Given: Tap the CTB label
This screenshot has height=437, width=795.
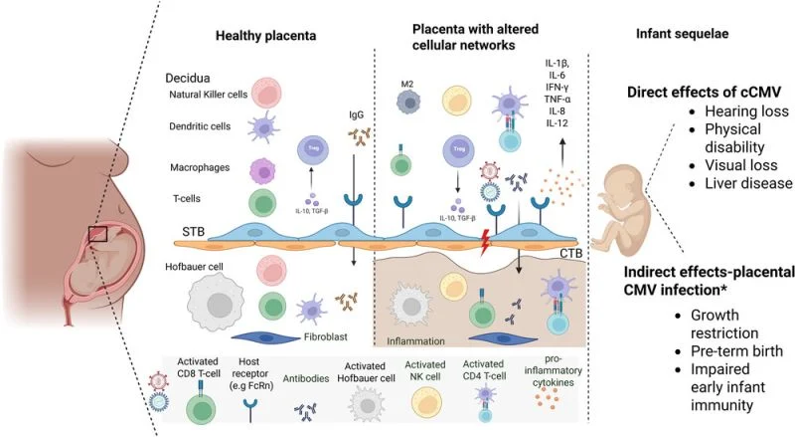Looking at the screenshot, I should (570, 256).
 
